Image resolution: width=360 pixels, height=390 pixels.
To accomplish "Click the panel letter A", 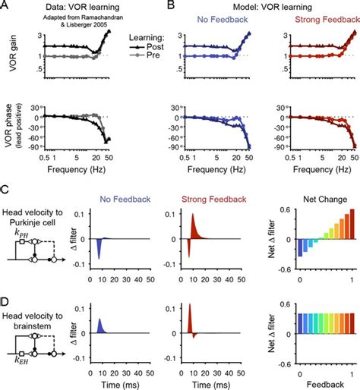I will (5, 5).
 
